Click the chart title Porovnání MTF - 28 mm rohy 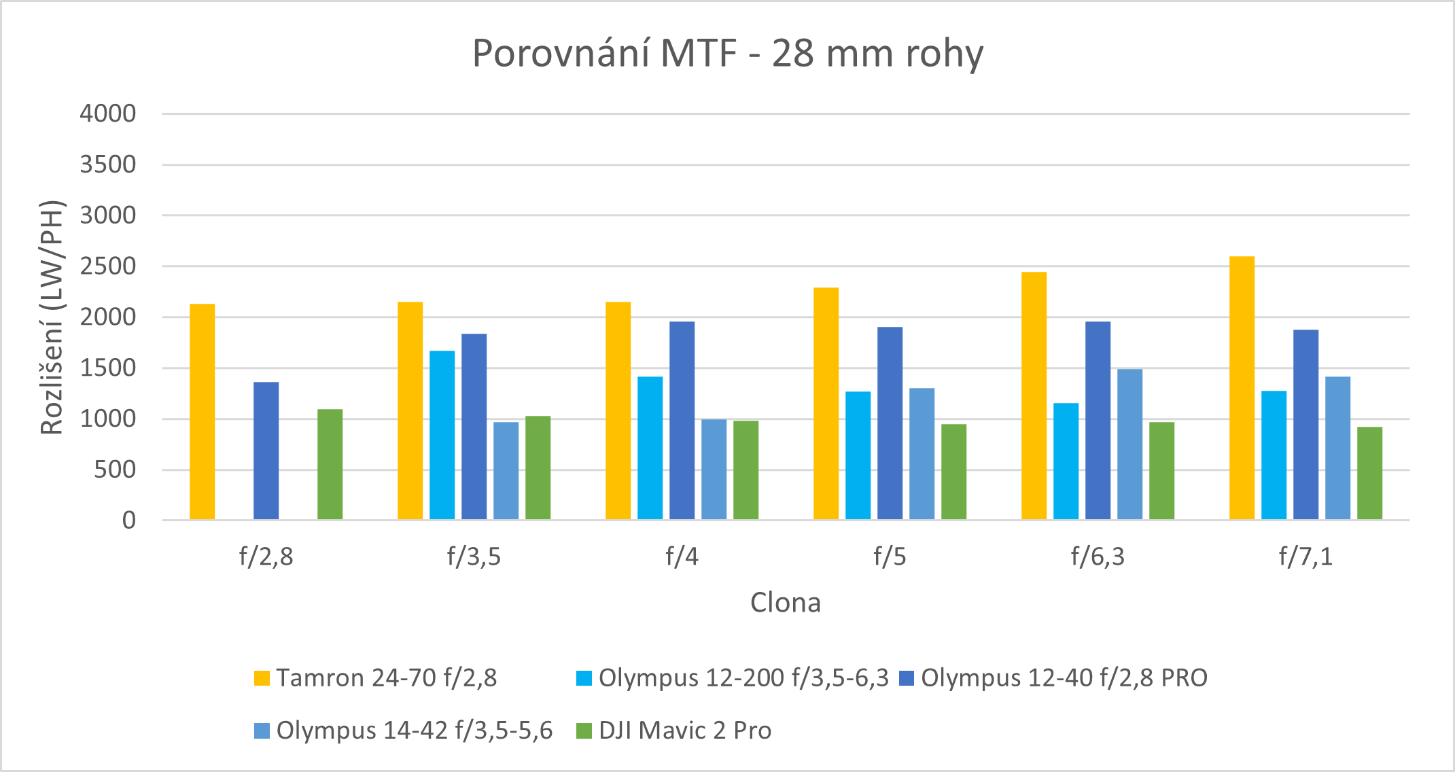click(x=727, y=53)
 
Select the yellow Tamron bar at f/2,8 click(x=202, y=412)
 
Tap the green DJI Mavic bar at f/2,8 click(x=330, y=465)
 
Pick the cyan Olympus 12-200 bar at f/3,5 click(x=442, y=435)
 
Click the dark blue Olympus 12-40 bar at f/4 click(x=682, y=421)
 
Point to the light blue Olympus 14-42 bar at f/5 click(x=922, y=454)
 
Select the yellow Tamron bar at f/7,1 click(x=1242, y=388)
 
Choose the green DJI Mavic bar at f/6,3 click(x=1161, y=471)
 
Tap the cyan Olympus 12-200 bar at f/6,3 click(x=1066, y=461)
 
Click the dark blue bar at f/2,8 click(x=266, y=451)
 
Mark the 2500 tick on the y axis click(x=108, y=266)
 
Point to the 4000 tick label click(x=108, y=113)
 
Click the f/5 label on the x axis click(x=890, y=557)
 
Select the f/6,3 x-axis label click(x=1098, y=557)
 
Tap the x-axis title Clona click(x=786, y=603)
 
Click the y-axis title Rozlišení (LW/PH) click(x=52, y=317)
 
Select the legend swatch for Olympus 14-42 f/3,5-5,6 click(x=262, y=731)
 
